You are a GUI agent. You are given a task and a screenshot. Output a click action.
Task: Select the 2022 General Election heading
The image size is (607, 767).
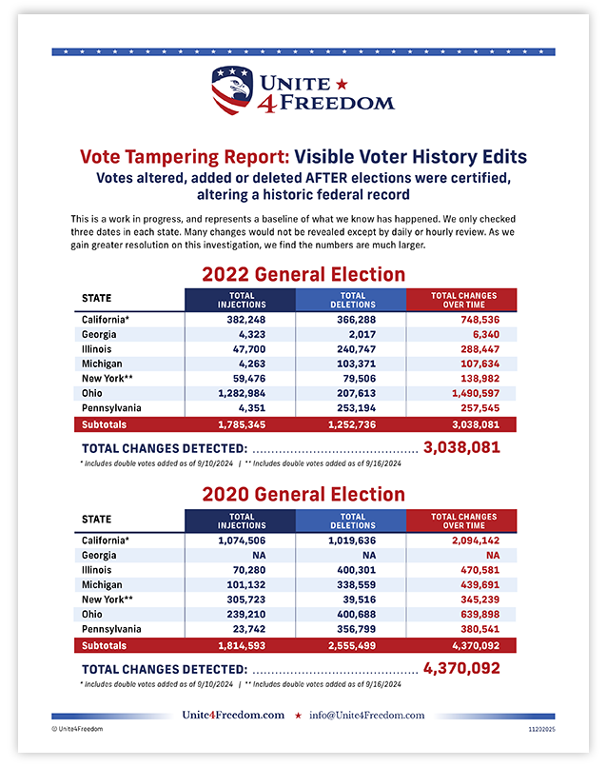click(303, 274)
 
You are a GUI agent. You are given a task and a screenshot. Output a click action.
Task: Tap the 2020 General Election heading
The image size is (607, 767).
click(303, 494)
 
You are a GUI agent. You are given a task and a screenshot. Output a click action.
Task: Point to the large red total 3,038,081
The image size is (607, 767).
click(461, 446)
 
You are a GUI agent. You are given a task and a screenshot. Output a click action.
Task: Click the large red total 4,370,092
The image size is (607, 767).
click(461, 668)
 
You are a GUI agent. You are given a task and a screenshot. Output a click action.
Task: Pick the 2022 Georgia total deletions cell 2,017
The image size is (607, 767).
click(351, 334)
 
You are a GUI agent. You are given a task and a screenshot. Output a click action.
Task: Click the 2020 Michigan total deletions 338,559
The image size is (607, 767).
click(351, 584)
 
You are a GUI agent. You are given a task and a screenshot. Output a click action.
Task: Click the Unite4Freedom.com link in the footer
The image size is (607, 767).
click(233, 715)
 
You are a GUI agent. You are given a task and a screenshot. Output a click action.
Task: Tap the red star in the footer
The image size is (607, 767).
click(298, 715)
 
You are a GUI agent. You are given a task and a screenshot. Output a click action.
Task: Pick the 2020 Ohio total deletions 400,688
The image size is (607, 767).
click(351, 614)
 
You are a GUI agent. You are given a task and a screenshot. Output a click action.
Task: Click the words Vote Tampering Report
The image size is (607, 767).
click(184, 156)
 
